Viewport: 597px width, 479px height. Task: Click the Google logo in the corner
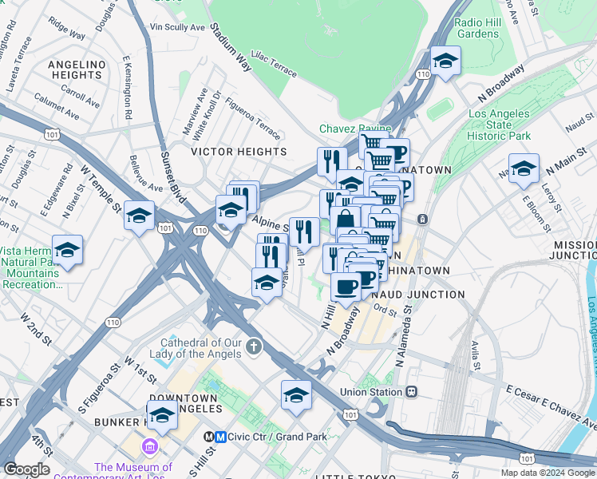[x=27, y=469]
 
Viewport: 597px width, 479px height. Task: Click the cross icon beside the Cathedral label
[x=254, y=346]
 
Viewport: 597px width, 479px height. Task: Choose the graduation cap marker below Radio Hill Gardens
[x=445, y=61]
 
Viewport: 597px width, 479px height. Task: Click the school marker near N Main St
[x=524, y=168]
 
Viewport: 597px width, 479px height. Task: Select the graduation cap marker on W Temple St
[x=139, y=215]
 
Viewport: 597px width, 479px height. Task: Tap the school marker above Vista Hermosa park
[x=68, y=249]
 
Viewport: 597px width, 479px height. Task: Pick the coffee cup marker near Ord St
[x=346, y=286]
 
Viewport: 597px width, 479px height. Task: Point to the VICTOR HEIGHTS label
[x=239, y=151]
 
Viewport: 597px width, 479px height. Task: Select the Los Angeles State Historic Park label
[x=500, y=125]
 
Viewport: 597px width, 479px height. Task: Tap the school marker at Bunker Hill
[x=163, y=414]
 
